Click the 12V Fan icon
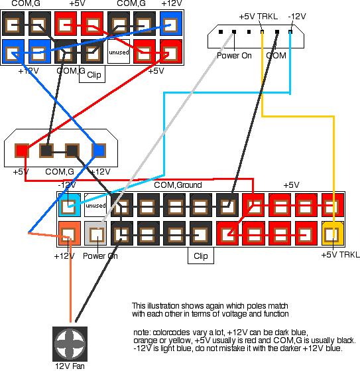pos(70,344)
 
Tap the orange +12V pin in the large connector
pos(70,234)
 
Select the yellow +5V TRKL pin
pos(333,234)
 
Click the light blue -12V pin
pos(70,205)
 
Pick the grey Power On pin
pos(95,234)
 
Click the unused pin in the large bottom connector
pos(95,205)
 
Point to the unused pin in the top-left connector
pos(119,52)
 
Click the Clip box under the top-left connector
pos(92,74)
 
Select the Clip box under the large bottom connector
pos(201,256)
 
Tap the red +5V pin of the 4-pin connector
pos(22,151)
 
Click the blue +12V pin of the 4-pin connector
pos(99,151)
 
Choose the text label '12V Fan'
pos(70,366)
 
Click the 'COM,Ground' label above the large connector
pos(178,185)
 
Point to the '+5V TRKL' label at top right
pos(259,17)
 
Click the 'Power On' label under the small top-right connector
pos(234,56)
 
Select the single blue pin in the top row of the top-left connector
pos(171,24)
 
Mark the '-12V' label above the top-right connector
pos(297,17)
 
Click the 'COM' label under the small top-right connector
pos(276,56)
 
